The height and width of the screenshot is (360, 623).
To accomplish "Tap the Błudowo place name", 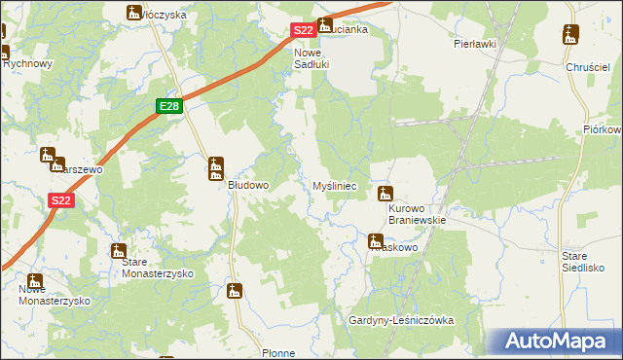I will click(248, 184).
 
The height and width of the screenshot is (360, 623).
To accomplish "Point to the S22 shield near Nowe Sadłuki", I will click(303, 31).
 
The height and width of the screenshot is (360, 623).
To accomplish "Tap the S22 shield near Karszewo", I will click(60, 200).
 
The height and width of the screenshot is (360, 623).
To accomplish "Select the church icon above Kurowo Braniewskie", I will click(385, 193).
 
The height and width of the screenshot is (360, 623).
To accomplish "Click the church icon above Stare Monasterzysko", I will click(118, 251).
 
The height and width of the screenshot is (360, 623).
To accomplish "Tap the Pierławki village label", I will click(475, 44).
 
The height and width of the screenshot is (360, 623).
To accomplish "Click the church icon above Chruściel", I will click(570, 37).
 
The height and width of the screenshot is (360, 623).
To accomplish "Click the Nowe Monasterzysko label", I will click(55, 295).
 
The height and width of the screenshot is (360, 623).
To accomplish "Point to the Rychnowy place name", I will click(27, 63).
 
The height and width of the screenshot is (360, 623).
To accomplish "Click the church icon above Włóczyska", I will click(134, 12).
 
